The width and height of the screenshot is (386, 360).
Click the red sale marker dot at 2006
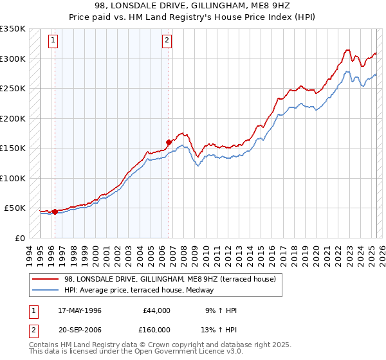point(169,143)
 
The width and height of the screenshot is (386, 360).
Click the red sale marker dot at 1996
point(55,211)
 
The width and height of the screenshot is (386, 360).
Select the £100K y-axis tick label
point(12,178)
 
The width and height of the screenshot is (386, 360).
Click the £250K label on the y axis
point(12,89)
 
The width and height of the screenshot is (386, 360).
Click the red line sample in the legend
point(46,279)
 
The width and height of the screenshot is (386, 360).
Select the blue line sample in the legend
point(46,291)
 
